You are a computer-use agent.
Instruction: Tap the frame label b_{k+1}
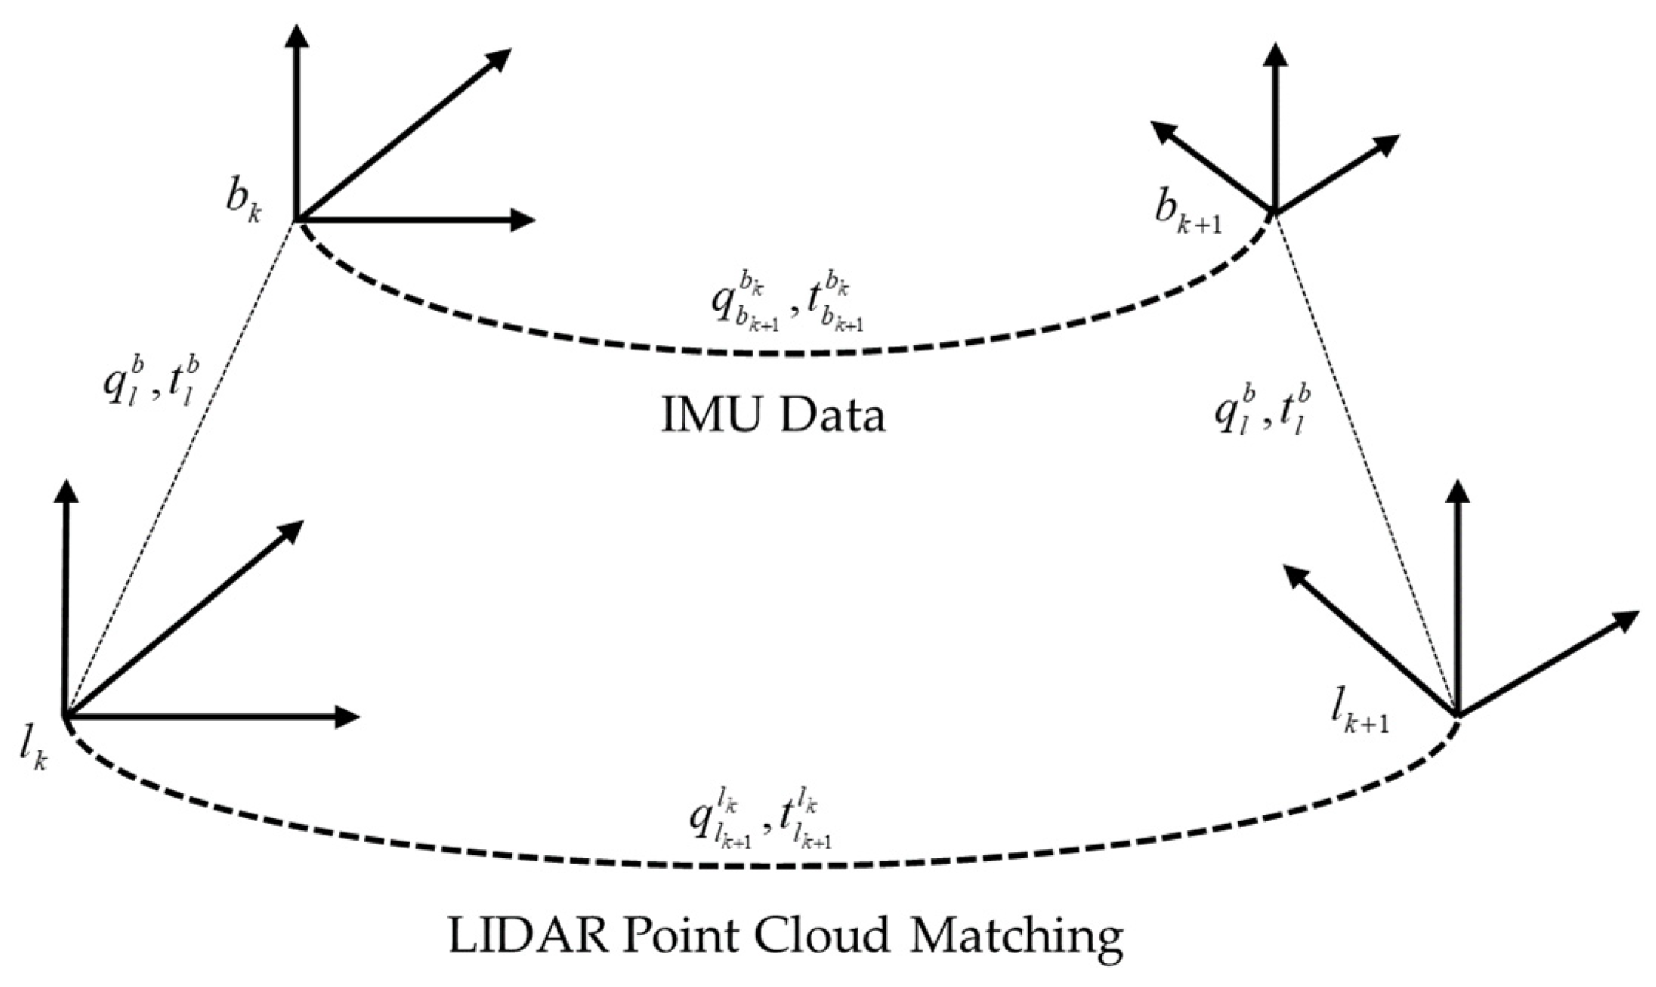tap(1187, 216)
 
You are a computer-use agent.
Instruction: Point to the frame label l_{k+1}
tap(1359, 716)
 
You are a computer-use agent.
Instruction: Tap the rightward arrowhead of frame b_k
tap(523, 220)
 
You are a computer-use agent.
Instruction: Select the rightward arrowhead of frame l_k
tap(347, 716)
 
